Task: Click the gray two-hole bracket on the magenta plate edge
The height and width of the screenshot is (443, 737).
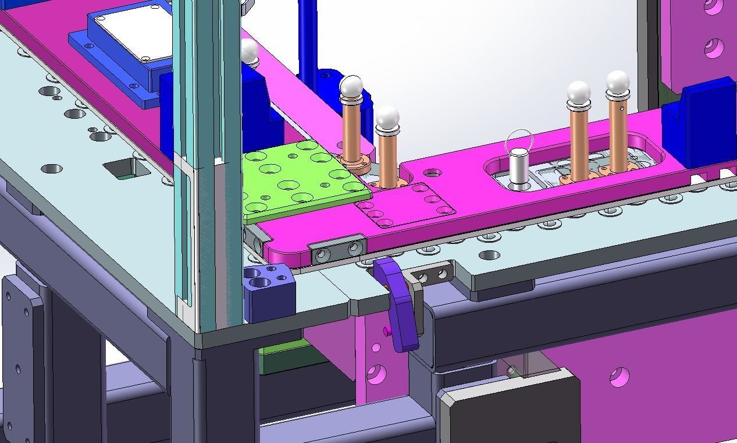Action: click(x=337, y=251)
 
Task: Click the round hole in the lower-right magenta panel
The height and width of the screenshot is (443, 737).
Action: click(x=619, y=377)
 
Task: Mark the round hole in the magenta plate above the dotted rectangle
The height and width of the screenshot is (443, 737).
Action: click(x=432, y=173)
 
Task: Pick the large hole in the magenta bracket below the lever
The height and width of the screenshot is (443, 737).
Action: click(x=376, y=373)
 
